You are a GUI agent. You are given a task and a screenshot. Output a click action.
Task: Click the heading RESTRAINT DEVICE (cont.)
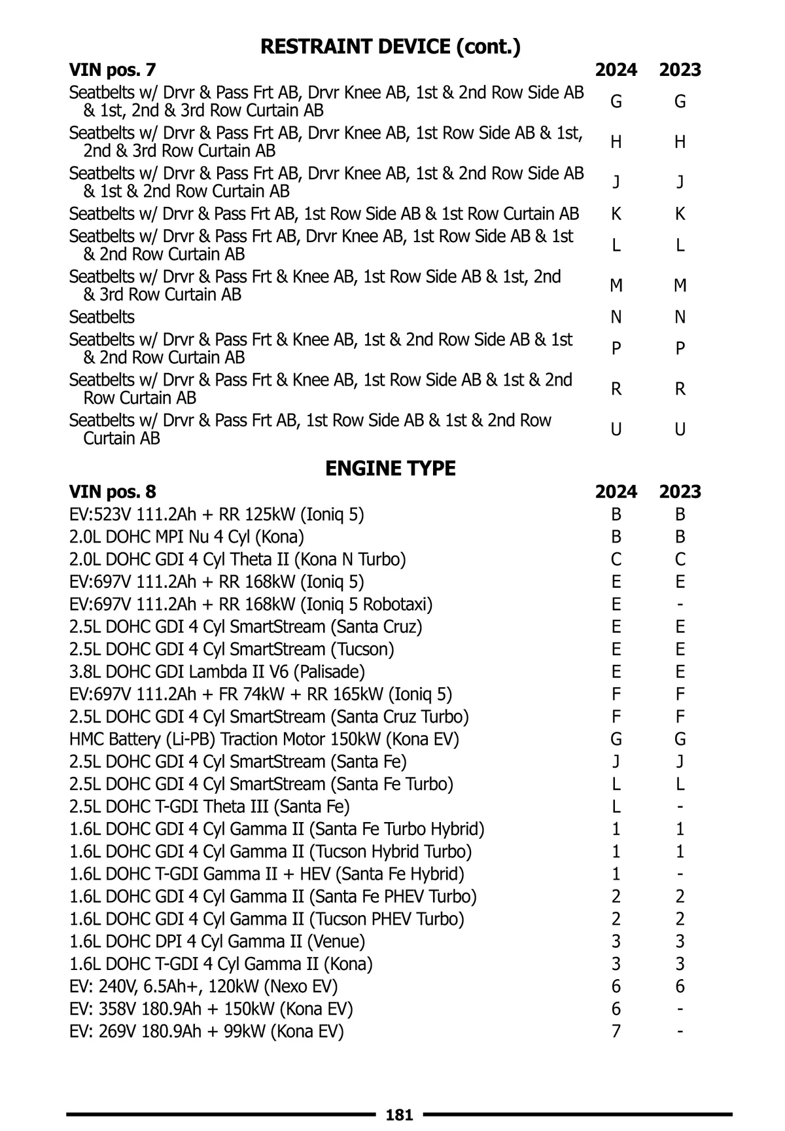point(391,46)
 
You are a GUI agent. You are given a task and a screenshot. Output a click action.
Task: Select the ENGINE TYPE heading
point(391,469)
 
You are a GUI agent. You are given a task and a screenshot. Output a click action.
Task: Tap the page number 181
point(399,1115)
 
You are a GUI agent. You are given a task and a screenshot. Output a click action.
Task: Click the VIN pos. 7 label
point(113,70)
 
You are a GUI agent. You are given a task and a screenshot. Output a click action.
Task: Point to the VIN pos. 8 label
point(113,492)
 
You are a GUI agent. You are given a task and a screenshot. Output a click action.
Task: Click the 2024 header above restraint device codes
point(616,70)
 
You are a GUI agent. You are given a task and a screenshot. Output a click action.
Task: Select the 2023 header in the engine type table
point(680,492)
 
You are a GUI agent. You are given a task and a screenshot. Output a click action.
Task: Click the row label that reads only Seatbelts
point(102,317)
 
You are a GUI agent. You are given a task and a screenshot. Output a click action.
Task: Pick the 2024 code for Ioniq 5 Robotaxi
point(616,604)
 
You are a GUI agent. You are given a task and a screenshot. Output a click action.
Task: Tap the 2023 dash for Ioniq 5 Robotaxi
point(680,604)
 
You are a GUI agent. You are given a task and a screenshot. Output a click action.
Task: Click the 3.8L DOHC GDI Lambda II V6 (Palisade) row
point(217,672)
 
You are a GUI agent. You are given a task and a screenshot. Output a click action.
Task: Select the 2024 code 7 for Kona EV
point(616,1032)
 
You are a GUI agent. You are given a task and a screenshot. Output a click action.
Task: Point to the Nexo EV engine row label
point(203,986)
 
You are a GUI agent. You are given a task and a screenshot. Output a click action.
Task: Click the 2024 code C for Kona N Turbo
point(616,560)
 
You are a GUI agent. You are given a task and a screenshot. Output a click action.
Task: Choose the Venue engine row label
point(217,941)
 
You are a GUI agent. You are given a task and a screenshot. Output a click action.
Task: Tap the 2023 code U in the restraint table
point(680,429)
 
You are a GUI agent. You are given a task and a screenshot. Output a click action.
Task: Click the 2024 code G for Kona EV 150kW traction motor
point(616,739)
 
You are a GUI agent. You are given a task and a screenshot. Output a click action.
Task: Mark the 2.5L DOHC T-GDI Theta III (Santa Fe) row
point(209,806)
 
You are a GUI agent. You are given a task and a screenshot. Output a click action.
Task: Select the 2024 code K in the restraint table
point(616,214)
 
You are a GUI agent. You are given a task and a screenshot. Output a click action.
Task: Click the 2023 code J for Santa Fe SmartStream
point(680,761)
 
